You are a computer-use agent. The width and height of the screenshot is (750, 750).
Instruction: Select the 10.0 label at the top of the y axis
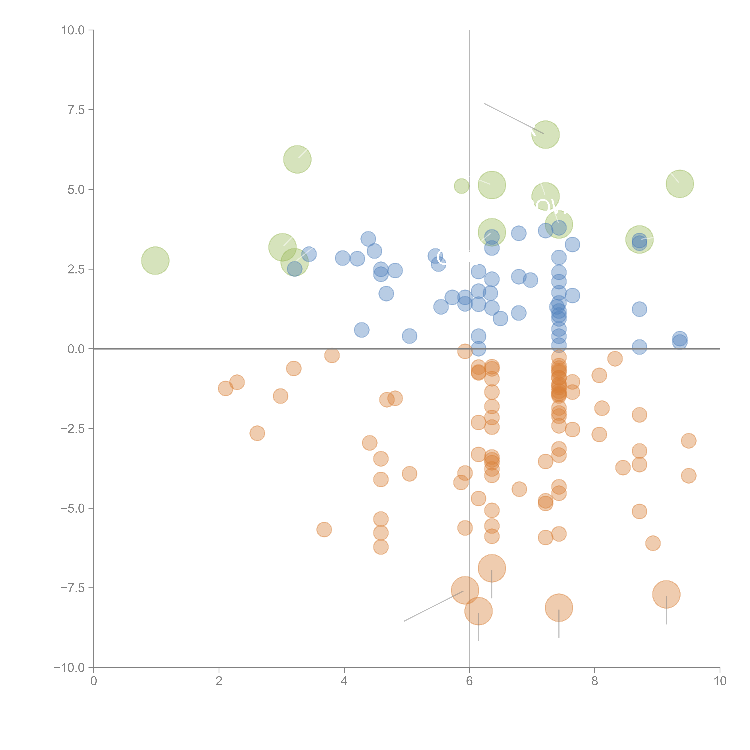pos(73,30)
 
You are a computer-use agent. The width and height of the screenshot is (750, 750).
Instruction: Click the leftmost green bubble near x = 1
pos(155,261)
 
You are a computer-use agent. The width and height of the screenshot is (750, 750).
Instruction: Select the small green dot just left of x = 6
pos(461,186)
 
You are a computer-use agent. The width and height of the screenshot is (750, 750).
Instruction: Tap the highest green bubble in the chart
pos(545,134)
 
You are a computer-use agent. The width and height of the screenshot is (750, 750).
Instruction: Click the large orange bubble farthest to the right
pos(666,594)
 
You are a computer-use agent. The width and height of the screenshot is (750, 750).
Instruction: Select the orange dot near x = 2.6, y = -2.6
pos(257,433)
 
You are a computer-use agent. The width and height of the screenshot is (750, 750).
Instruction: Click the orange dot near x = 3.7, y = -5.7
pos(324,529)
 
